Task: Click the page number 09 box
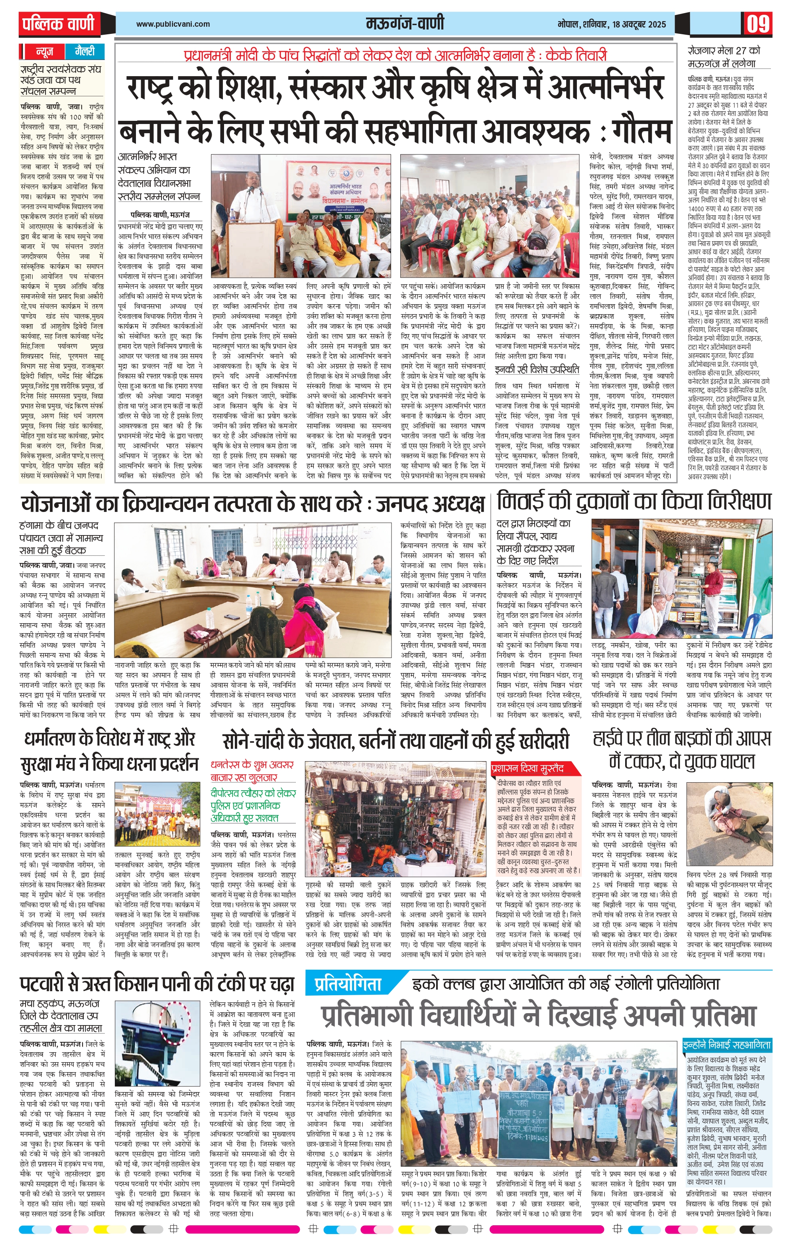click(x=759, y=24)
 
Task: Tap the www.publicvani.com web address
click(x=173, y=24)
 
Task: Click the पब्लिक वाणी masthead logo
click(x=58, y=24)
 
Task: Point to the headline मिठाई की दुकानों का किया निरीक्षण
click(x=634, y=502)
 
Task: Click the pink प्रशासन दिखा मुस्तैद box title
click(x=528, y=769)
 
